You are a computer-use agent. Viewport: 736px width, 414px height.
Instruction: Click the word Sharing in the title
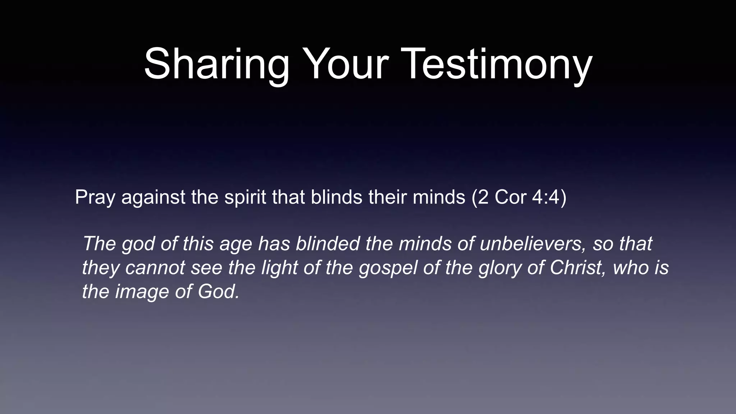click(216, 65)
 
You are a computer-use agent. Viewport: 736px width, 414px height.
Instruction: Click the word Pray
click(95, 198)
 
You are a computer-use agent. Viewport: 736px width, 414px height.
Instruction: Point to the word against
click(153, 198)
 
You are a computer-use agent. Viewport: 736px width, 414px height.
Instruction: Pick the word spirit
click(245, 198)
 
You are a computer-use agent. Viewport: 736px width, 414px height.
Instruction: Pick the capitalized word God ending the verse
click(218, 291)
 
